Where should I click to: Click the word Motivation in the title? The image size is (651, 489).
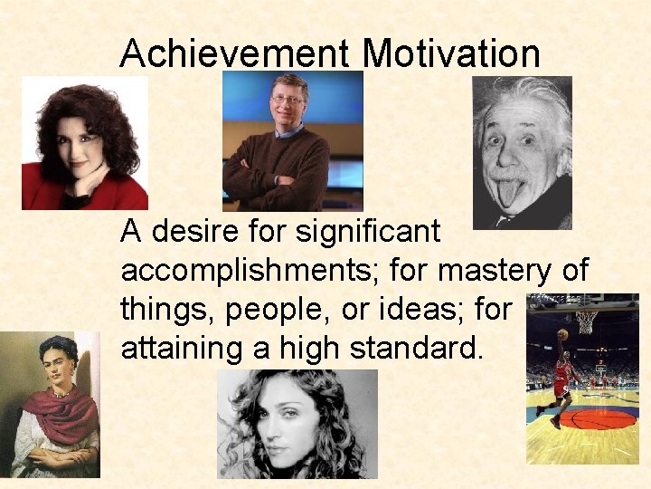coord(451,53)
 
